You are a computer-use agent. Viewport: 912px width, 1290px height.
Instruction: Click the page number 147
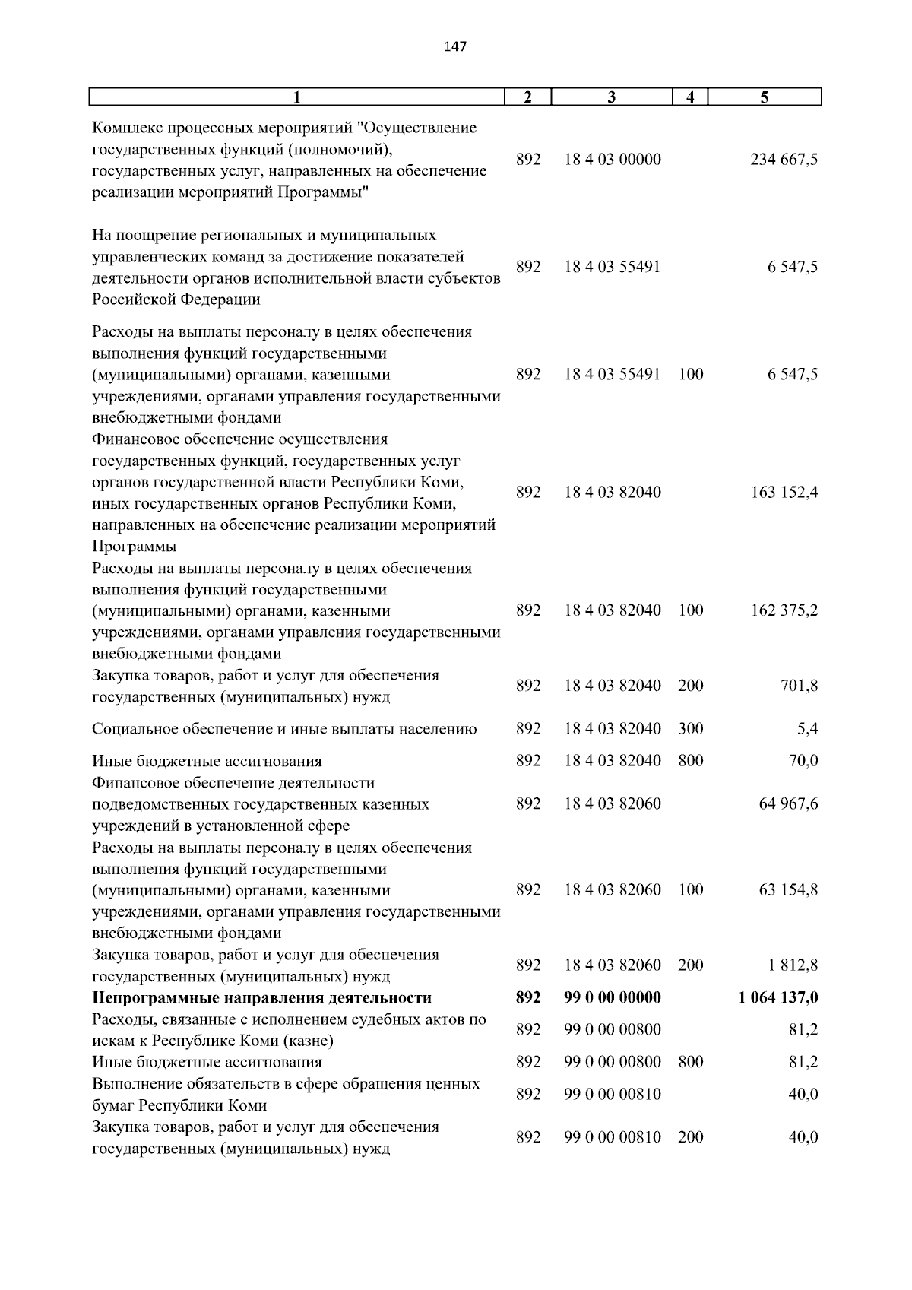tap(454, 47)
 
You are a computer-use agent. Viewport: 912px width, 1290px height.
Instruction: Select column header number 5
tap(765, 97)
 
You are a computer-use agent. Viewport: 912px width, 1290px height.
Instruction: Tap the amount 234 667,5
tap(784, 160)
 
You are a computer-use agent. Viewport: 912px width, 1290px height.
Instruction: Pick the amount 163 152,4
tap(784, 493)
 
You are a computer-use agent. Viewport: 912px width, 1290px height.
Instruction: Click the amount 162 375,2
tap(784, 610)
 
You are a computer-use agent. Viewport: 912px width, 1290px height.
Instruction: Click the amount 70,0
tap(803, 761)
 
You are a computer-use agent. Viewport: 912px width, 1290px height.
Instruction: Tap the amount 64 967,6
tap(788, 804)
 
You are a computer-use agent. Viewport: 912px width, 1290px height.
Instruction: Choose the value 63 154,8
tap(788, 890)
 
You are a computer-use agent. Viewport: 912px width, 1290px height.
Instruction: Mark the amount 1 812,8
tap(792, 965)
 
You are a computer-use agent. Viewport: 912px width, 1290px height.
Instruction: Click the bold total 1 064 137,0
tap(777, 997)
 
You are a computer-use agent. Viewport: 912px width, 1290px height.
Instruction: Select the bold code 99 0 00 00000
tap(613, 997)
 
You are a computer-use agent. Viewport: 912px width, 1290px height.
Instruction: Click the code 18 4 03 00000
tap(613, 160)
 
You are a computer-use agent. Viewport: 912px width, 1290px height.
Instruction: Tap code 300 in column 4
tap(690, 729)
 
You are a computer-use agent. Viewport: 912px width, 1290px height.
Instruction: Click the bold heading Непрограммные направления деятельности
tap(261, 997)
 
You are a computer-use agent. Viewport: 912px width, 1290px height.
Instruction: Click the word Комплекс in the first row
tap(125, 128)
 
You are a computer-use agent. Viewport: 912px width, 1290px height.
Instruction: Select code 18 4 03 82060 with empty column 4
tap(613, 804)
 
